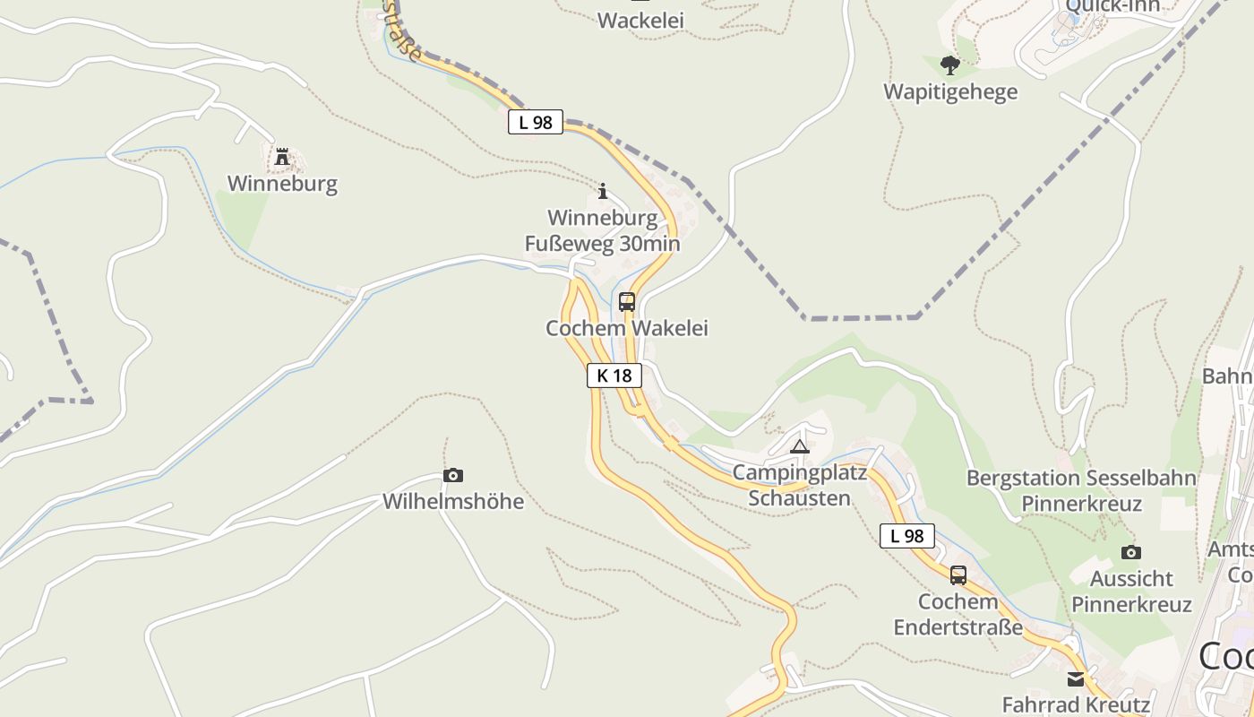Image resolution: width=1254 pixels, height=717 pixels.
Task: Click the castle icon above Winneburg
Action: coord(282,158)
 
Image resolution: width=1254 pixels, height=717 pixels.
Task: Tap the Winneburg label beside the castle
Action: coord(282,184)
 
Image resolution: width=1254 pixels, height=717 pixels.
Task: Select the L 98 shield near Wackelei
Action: coord(536,122)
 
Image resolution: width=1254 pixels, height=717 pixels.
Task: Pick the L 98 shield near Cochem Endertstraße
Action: coord(906,536)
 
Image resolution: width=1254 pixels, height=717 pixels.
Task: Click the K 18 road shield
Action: coord(614,375)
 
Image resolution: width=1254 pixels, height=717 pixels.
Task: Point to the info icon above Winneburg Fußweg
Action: coord(603,191)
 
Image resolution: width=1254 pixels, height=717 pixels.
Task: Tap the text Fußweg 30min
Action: coord(602,243)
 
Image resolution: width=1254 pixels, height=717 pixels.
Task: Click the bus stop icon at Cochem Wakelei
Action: coord(627,302)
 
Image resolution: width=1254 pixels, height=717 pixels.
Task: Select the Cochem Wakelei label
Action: coord(627,328)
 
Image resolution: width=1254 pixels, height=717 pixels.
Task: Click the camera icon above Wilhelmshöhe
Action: coord(453,475)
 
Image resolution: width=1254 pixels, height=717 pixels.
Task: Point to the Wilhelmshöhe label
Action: coord(453,501)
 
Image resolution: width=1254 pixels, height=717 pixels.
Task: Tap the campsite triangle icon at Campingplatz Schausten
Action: coord(800,446)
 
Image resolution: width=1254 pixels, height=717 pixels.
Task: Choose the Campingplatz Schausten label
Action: coord(800,485)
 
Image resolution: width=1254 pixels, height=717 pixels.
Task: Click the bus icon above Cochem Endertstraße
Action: coord(958,575)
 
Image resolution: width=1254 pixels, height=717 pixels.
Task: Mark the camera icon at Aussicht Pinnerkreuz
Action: coord(1131,552)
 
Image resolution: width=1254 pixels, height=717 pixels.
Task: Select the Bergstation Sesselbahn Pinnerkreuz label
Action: coord(1081,490)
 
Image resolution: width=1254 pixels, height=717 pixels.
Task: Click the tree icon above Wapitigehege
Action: coord(950,65)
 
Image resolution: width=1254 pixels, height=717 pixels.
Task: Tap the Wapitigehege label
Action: coord(950,91)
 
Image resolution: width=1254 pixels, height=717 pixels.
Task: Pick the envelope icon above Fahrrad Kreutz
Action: coord(1076,678)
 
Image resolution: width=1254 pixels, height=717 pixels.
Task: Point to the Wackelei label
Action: coord(640,20)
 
